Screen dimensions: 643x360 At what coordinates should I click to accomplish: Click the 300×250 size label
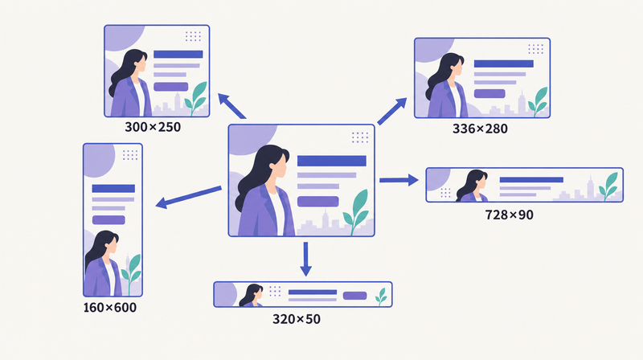tap(153, 127)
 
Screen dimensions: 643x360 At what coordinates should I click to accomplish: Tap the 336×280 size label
tap(480, 129)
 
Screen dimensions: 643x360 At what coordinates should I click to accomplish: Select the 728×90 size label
tap(509, 215)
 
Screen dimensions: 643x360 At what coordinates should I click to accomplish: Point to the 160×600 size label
tap(109, 308)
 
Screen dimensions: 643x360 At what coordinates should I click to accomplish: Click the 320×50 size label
tap(296, 319)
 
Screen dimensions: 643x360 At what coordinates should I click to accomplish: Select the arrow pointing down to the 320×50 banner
tap(305, 259)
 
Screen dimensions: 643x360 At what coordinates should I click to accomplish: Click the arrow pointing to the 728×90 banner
tap(399, 179)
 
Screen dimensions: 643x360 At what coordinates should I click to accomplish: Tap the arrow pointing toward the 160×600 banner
tap(188, 197)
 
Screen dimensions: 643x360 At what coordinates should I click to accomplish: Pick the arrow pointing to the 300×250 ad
tap(231, 106)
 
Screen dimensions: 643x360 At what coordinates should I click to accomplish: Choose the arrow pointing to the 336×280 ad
tap(392, 111)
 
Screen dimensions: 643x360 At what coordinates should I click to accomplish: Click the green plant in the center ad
tap(356, 212)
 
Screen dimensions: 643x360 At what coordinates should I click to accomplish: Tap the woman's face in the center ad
tap(280, 166)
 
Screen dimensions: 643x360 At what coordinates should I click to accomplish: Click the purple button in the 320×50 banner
tap(354, 296)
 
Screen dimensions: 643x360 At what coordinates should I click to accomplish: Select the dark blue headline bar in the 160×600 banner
tap(113, 188)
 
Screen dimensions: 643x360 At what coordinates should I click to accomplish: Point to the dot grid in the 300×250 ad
tap(193, 36)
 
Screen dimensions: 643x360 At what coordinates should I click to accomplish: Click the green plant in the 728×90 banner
tap(608, 186)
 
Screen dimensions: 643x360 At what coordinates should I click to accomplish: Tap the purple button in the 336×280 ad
tap(489, 93)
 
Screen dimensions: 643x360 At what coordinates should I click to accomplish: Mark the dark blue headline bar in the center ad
tap(332, 161)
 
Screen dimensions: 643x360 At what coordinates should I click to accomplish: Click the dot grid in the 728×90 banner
tap(445, 193)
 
